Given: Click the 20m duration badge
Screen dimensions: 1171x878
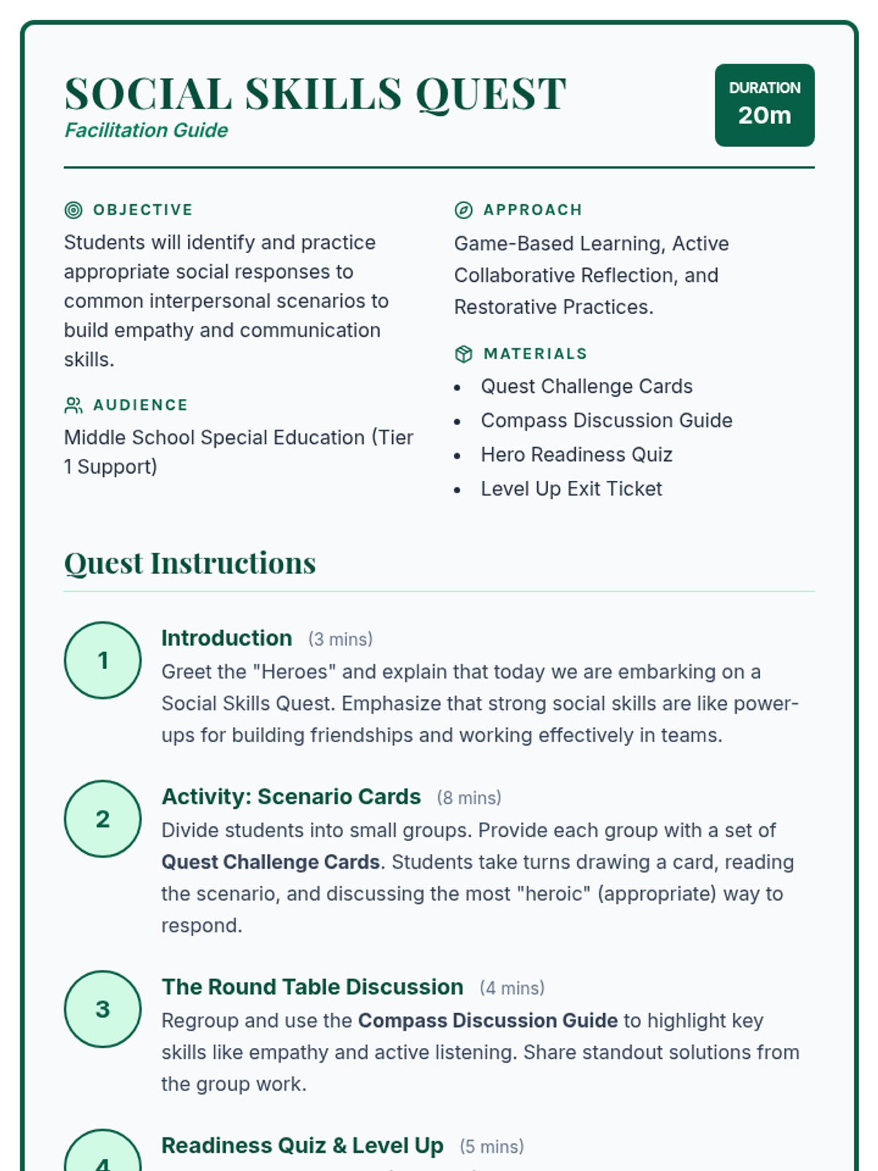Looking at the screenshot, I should coord(764,105).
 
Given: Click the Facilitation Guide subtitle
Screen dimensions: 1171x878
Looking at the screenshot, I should coord(146,130).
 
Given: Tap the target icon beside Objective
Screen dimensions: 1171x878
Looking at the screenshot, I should coord(74,210).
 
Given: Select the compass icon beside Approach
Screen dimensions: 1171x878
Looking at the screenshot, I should coord(464,210).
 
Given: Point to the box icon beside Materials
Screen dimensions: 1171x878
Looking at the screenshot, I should coord(464,354).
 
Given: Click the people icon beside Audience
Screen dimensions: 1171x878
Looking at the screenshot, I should coord(74,405).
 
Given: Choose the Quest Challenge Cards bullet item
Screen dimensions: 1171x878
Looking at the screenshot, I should coord(586,386).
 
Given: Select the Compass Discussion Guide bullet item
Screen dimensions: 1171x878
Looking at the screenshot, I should coord(606,421).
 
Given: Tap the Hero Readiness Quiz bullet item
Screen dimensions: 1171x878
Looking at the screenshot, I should coord(576,454).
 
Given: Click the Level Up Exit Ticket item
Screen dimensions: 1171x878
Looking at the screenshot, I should coord(571,489).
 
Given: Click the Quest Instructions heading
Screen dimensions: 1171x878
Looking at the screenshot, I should coord(190,563).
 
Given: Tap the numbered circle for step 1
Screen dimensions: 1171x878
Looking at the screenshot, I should coord(102,660).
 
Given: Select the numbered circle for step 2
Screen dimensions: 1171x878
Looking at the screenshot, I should coord(102,818).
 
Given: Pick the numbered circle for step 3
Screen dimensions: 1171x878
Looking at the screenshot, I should coord(102,1009).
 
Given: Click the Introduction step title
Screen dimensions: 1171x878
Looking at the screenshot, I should coord(226,638).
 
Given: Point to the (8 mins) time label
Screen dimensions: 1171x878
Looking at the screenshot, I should coord(469,798).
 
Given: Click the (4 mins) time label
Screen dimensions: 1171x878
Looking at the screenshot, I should coord(512,988).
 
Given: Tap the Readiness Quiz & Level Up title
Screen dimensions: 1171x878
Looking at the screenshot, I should coord(302,1145).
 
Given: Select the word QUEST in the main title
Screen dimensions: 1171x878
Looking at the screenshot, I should coord(491,94).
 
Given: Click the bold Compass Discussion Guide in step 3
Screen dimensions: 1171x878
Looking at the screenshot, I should coord(488,1020).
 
